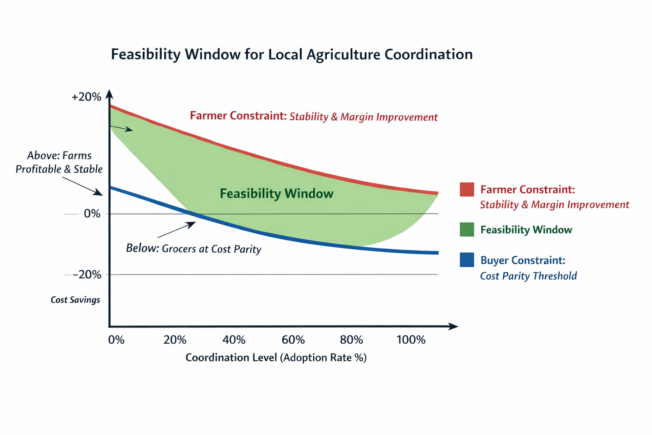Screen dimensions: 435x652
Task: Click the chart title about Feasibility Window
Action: (292, 54)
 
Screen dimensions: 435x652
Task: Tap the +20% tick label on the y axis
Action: (87, 97)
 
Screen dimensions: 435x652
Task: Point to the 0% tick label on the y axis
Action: (92, 214)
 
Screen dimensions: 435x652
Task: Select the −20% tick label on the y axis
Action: (87, 274)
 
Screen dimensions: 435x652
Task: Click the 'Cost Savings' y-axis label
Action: (75, 300)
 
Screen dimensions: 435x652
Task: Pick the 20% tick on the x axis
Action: (175, 340)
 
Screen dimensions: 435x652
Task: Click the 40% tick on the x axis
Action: (234, 340)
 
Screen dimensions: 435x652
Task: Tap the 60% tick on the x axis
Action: (293, 340)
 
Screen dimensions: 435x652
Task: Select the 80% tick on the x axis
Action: (351, 340)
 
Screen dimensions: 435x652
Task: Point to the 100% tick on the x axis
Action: (410, 340)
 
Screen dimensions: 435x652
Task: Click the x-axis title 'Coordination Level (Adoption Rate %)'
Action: (276, 358)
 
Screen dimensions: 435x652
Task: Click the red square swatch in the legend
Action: (467, 189)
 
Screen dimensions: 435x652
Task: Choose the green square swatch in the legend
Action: (467, 229)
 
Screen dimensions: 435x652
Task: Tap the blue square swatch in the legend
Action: (467, 260)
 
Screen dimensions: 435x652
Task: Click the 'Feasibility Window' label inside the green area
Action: (276, 194)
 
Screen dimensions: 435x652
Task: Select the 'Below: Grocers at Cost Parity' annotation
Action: (194, 249)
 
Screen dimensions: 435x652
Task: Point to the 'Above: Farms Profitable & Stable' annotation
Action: (59, 162)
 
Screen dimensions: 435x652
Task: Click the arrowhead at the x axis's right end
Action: (454, 326)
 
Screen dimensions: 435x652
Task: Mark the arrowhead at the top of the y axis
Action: (109, 94)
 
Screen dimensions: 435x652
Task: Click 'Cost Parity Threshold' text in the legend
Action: (528, 276)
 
